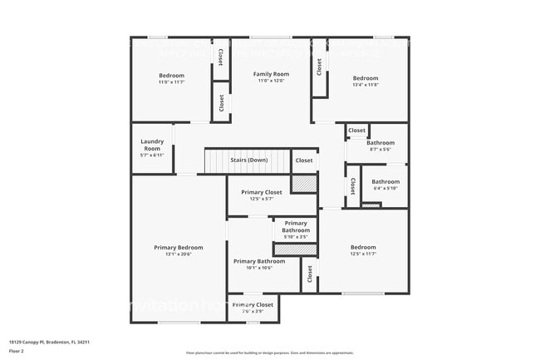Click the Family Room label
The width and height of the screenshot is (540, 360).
click(270, 74)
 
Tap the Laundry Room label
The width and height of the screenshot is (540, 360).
click(152, 145)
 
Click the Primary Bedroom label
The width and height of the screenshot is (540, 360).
click(178, 247)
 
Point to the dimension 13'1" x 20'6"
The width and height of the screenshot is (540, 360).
click(178, 254)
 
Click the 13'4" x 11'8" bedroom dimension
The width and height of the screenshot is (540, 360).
click(365, 85)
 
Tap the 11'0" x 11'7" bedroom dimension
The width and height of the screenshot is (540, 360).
click(171, 82)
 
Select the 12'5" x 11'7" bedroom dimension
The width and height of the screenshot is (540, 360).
click(363, 254)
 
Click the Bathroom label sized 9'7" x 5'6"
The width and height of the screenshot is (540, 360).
click(380, 142)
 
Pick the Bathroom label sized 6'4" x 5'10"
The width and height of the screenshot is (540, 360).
click(385, 181)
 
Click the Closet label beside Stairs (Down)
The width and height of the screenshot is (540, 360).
click(304, 160)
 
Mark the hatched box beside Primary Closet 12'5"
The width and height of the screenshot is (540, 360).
click(304, 185)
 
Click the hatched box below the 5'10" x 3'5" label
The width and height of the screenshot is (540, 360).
click(296, 249)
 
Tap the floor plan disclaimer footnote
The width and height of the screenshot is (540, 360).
click(269, 353)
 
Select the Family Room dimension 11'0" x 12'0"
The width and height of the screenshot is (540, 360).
click(270, 81)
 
